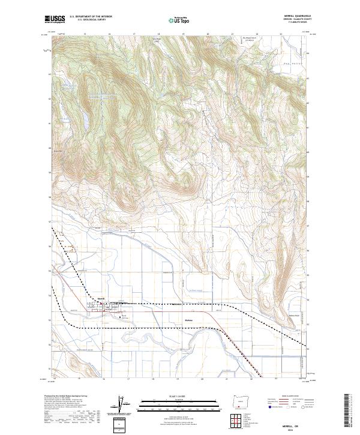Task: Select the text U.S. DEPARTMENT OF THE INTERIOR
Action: click(90, 17)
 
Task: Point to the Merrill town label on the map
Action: click(101, 298)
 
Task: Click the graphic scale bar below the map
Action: click(179, 403)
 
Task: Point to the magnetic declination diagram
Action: click(119, 405)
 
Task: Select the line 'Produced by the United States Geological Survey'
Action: click(59, 396)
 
